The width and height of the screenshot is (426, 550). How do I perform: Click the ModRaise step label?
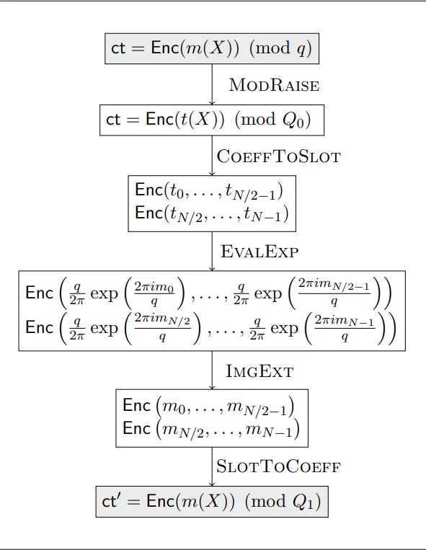(274, 85)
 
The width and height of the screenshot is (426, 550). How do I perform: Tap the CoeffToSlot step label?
(279, 156)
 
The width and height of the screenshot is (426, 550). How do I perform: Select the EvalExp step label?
(259, 252)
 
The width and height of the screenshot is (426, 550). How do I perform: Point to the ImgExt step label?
(259, 371)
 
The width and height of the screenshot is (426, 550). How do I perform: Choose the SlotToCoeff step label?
(278, 466)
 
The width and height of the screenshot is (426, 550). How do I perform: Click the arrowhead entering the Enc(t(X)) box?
(212, 102)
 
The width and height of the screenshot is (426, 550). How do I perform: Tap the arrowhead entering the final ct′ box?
(212, 484)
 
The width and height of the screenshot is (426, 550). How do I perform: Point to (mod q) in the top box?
(280, 48)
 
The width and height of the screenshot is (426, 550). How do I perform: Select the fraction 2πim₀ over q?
(154, 293)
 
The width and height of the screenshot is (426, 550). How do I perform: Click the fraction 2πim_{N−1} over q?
(345, 328)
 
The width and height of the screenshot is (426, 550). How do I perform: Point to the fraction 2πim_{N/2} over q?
(162, 327)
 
